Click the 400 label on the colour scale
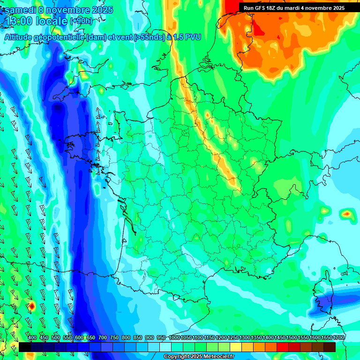coord(32,337)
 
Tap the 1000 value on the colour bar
coord(174,337)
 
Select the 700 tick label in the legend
coord(102,337)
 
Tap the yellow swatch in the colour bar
coord(236,347)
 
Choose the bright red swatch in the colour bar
coord(283,347)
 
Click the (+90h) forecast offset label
coord(81,21)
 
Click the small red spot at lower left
coord(32,307)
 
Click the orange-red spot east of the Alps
coord(346,214)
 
